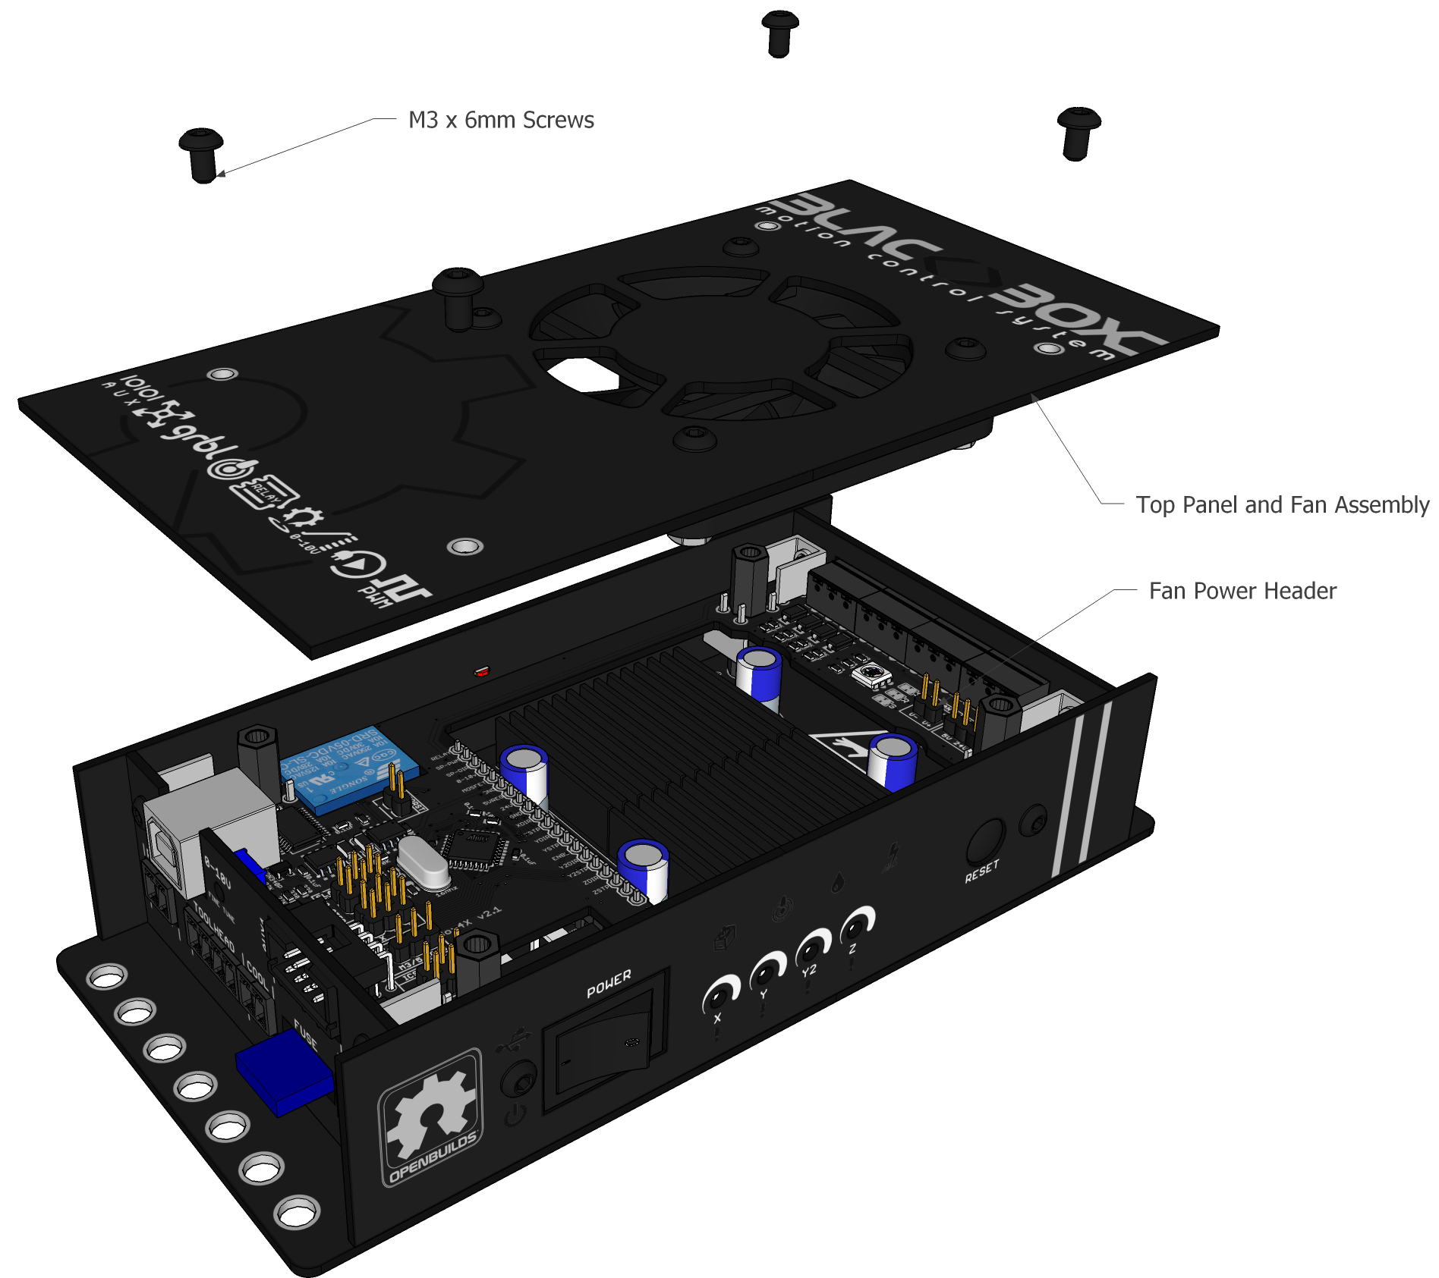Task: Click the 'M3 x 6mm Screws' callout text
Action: point(501,120)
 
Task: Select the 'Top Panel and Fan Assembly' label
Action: point(1282,504)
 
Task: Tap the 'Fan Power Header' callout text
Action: point(1242,591)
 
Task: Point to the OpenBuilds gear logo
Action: point(430,1115)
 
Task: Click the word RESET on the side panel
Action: point(981,871)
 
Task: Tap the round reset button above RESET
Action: point(986,840)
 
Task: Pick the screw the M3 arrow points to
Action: point(202,153)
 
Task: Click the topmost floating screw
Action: point(779,33)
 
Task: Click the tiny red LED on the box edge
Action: point(481,671)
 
